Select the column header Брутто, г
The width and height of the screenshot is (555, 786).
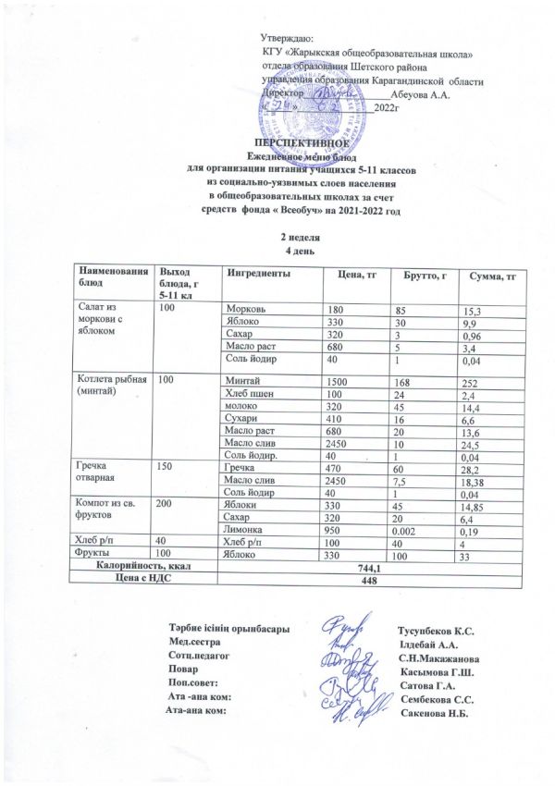pos(426,276)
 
